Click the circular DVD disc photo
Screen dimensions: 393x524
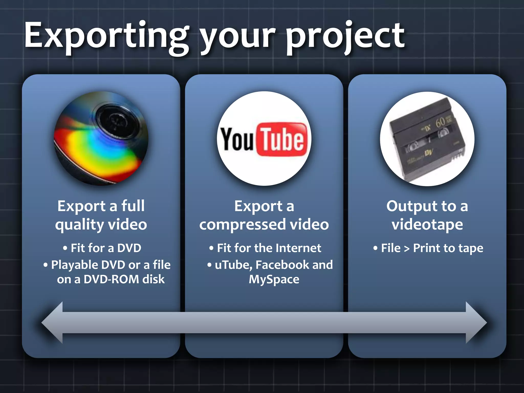point(101,138)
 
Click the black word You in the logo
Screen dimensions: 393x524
point(237,139)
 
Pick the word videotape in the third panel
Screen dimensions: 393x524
point(427,225)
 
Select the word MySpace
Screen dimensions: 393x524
point(274,279)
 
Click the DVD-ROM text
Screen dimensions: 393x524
point(111,279)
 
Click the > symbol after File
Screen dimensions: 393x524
point(407,248)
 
